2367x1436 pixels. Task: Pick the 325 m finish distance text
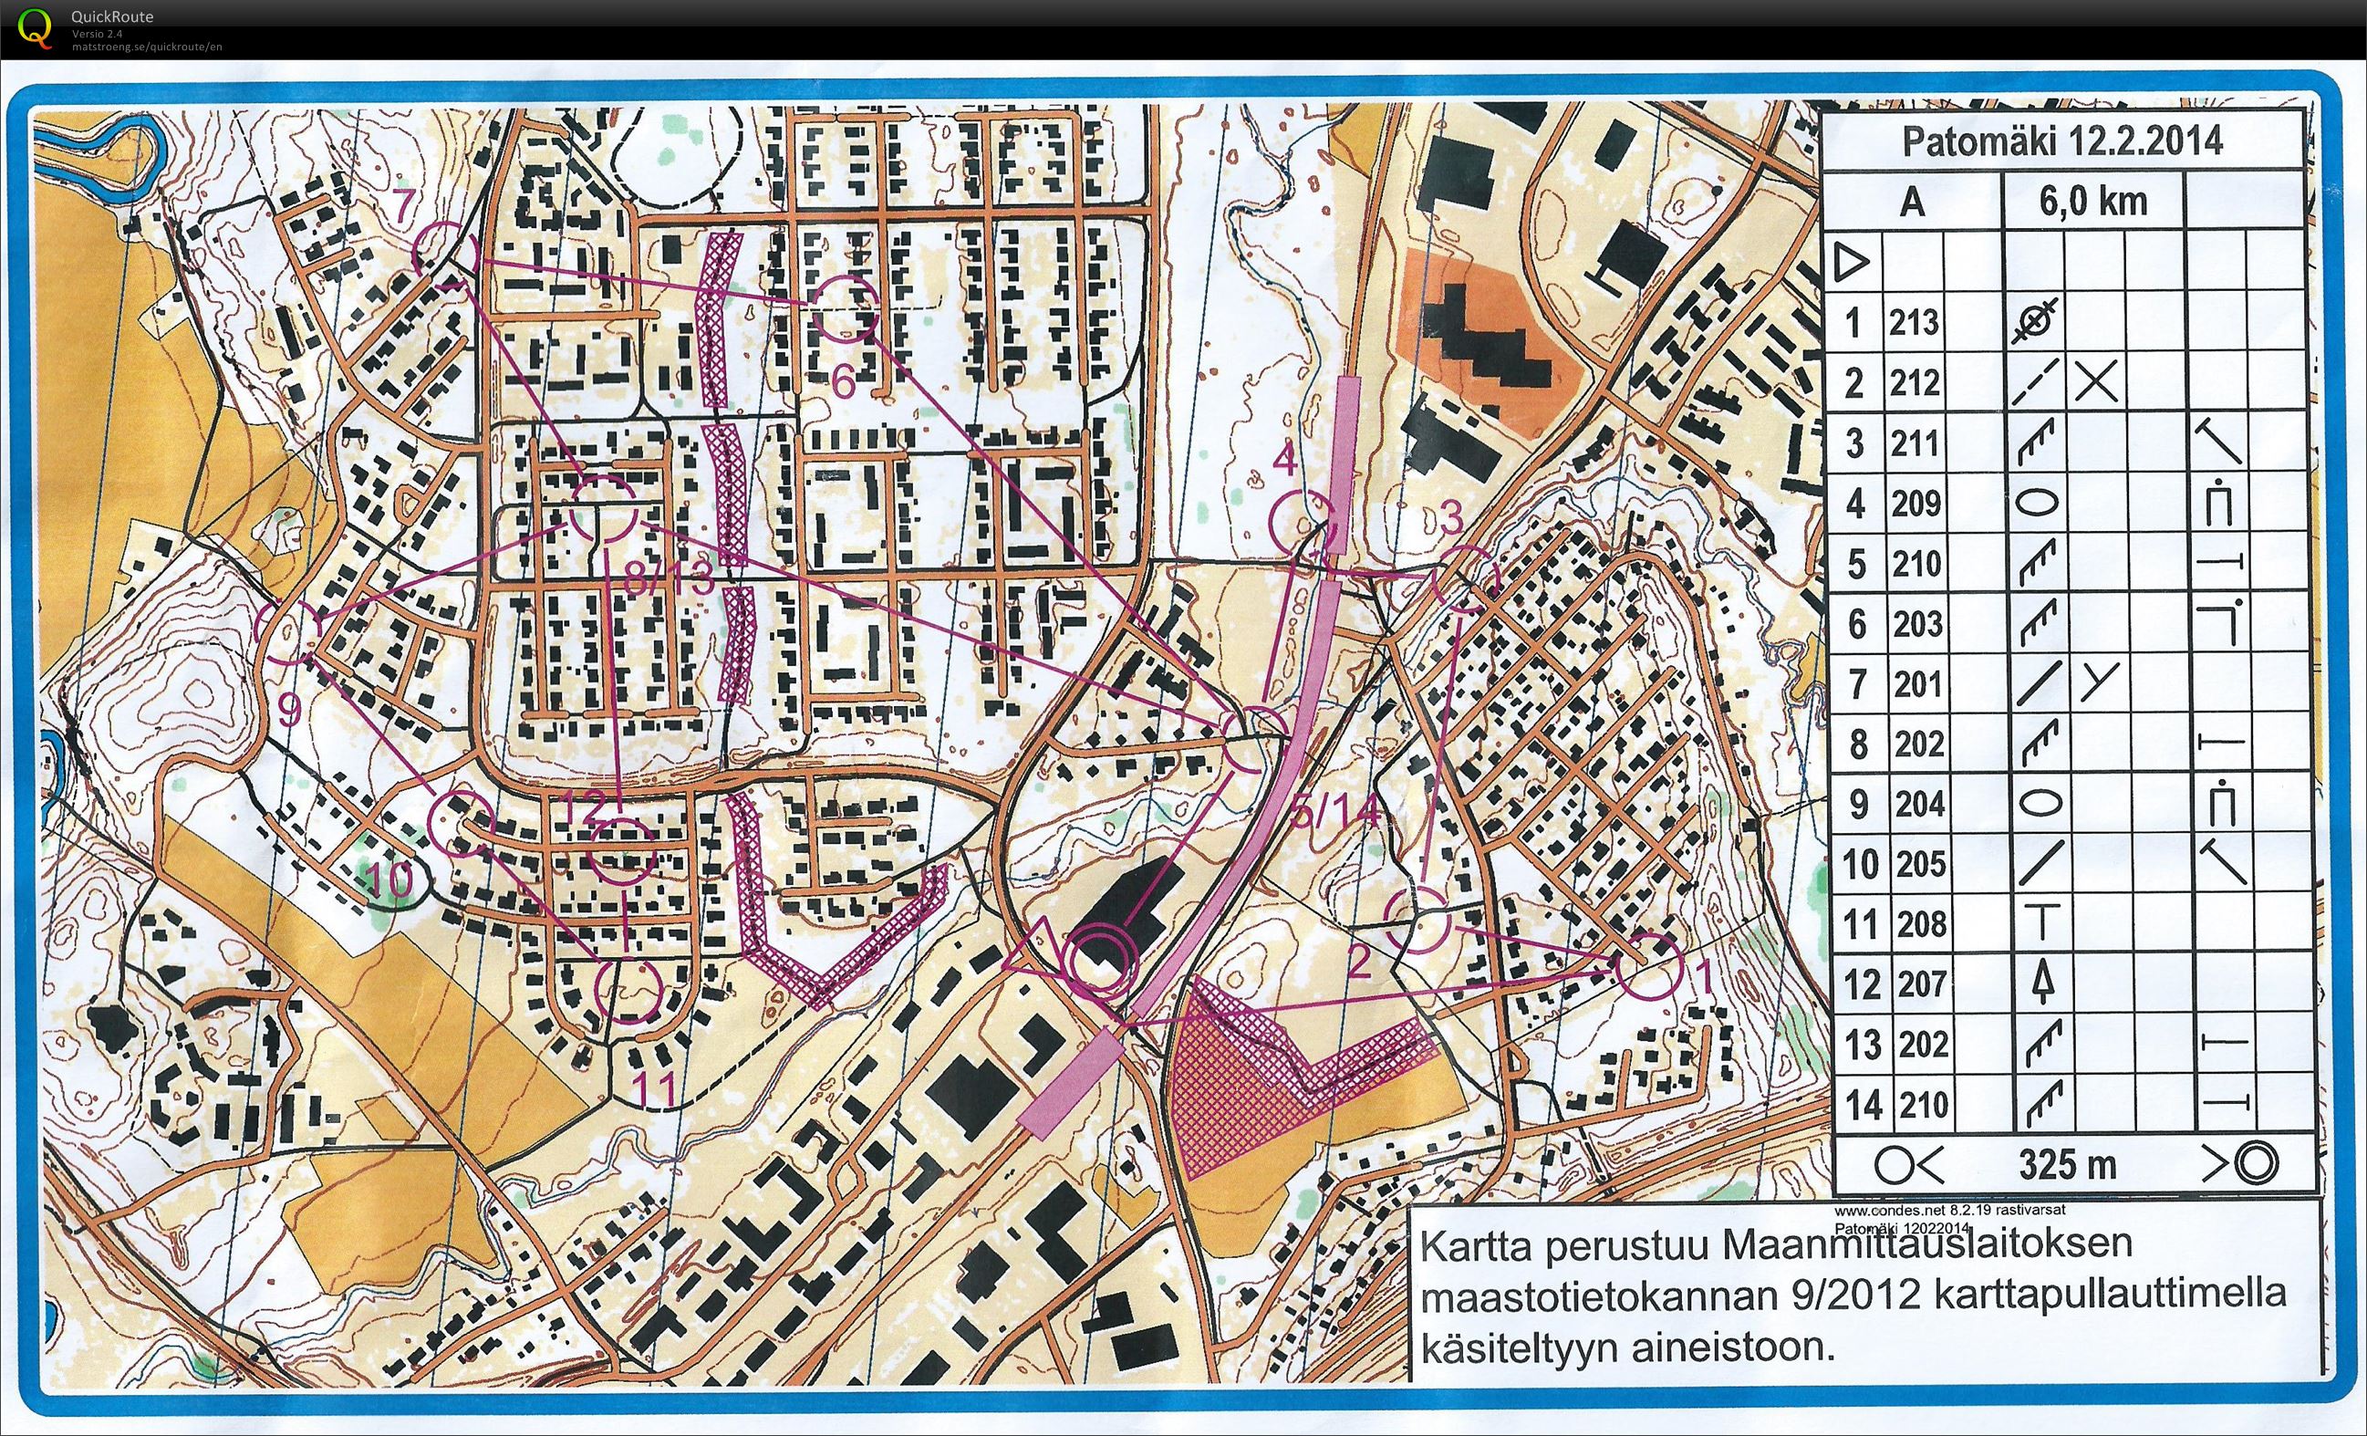point(2067,1164)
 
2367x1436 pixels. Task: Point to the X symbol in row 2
point(2095,383)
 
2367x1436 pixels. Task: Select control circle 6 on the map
point(846,308)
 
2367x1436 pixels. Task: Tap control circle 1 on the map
point(1648,964)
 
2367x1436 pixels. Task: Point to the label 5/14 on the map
point(1335,815)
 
